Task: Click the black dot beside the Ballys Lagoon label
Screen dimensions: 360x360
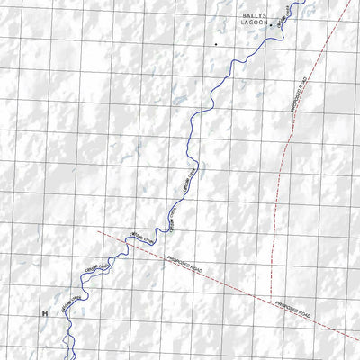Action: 272,26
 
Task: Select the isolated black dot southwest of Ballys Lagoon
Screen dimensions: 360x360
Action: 215,42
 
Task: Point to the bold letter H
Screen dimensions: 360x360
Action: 43,313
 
